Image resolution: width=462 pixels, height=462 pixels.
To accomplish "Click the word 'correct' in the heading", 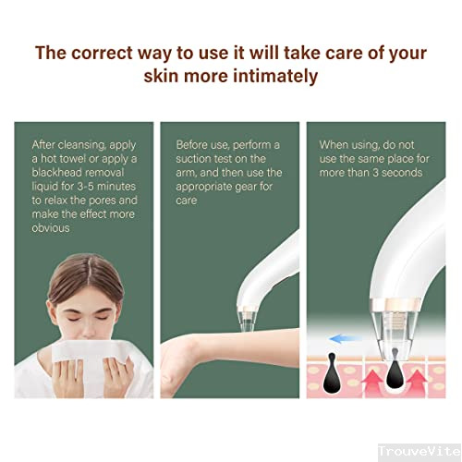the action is pyautogui.click(x=102, y=53).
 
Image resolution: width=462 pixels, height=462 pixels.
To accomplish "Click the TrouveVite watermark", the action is pyautogui.click(x=419, y=452).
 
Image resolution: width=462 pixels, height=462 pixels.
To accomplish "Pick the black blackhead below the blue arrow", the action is pyautogui.click(x=331, y=373).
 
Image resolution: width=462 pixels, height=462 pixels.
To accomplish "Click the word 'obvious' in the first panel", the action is pyautogui.click(x=51, y=228).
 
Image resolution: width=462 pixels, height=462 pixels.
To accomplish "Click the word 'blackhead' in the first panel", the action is pyautogui.click(x=55, y=173).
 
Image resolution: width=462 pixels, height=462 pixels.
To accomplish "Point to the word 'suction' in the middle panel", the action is pyautogui.click(x=193, y=159).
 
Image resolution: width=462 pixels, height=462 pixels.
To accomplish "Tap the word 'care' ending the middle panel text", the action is pyautogui.click(x=187, y=201).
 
